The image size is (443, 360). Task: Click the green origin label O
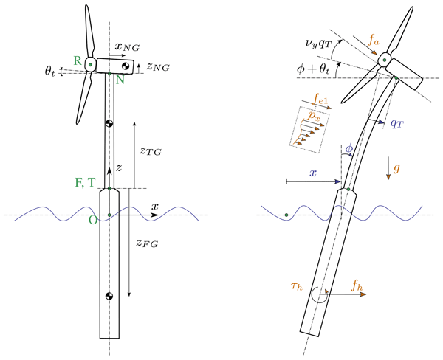tap(92, 220)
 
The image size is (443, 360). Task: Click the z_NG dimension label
tap(158, 67)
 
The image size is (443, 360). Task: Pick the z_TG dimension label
tap(151, 150)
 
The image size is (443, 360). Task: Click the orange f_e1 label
tap(321, 96)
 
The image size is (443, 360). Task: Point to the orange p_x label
tap(314, 116)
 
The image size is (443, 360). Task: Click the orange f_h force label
tap(355, 284)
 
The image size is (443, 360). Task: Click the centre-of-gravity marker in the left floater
tap(109, 297)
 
